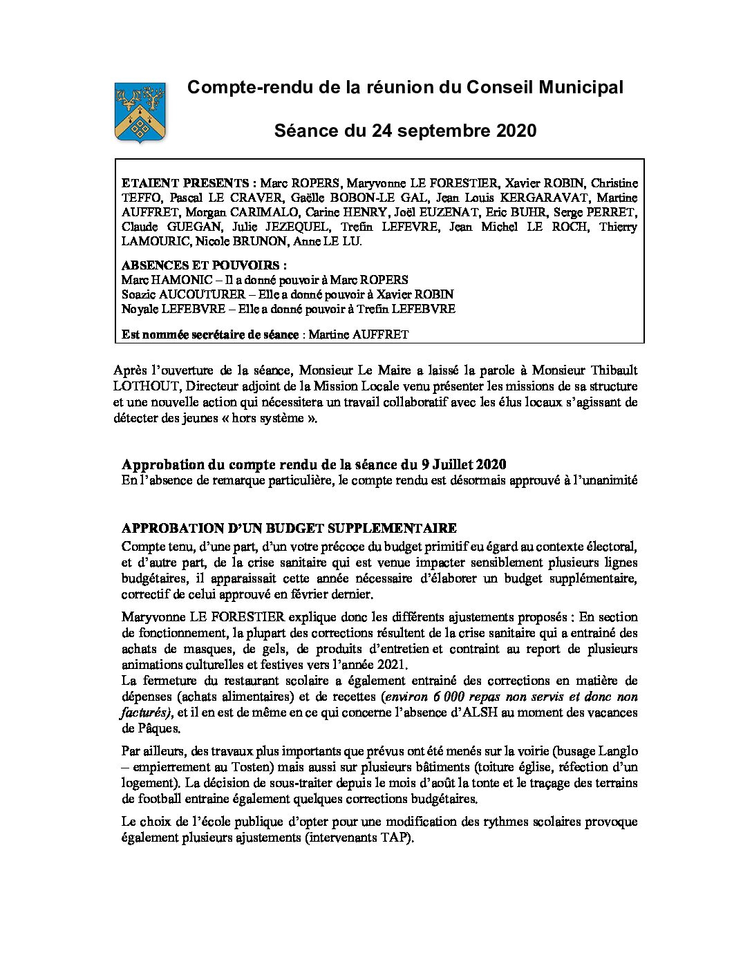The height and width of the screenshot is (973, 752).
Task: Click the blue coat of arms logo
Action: pos(140,113)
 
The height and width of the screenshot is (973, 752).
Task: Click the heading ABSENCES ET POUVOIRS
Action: pos(203,265)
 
